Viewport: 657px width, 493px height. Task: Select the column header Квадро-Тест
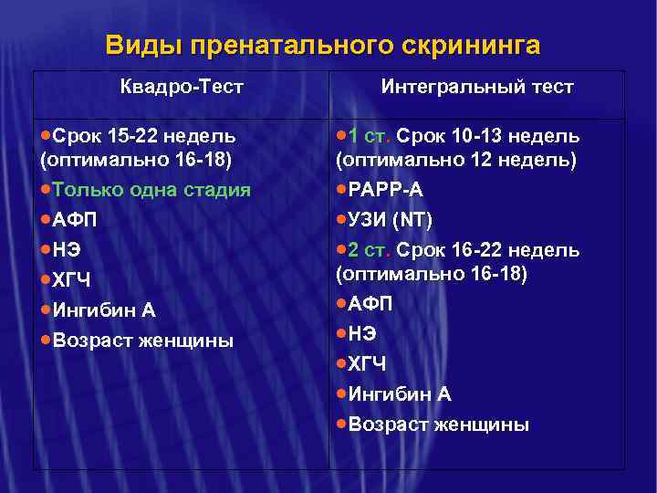coord(182,88)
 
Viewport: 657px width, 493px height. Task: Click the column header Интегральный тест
coord(477,88)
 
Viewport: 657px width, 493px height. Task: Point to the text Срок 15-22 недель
coord(144,137)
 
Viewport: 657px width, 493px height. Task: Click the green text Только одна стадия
coord(151,190)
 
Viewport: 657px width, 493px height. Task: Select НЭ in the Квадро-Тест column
coord(68,249)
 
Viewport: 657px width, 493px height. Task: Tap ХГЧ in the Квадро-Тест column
coord(72,280)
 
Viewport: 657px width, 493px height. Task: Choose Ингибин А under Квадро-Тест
coord(104,310)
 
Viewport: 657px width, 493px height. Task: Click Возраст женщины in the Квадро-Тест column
coord(143,341)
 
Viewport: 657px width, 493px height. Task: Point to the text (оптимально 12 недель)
coord(456,160)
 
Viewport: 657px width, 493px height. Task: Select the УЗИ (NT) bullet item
coord(390,220)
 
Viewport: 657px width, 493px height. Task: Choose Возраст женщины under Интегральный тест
coord(439,425)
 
